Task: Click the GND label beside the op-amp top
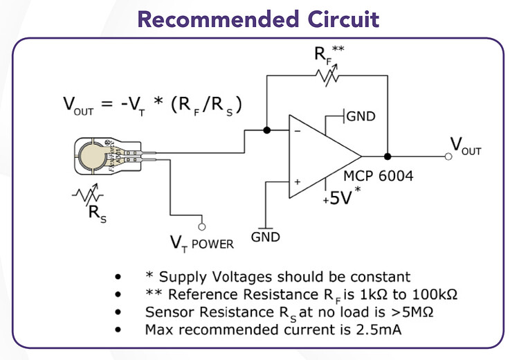(361, 116)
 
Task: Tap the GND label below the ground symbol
(265, 237)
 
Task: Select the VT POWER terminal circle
(201, 226)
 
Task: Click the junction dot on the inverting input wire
(267, 129)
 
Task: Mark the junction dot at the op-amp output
(388, 156)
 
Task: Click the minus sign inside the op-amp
(298, 129)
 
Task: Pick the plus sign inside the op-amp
(298, 182)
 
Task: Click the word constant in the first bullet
(380, 277)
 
